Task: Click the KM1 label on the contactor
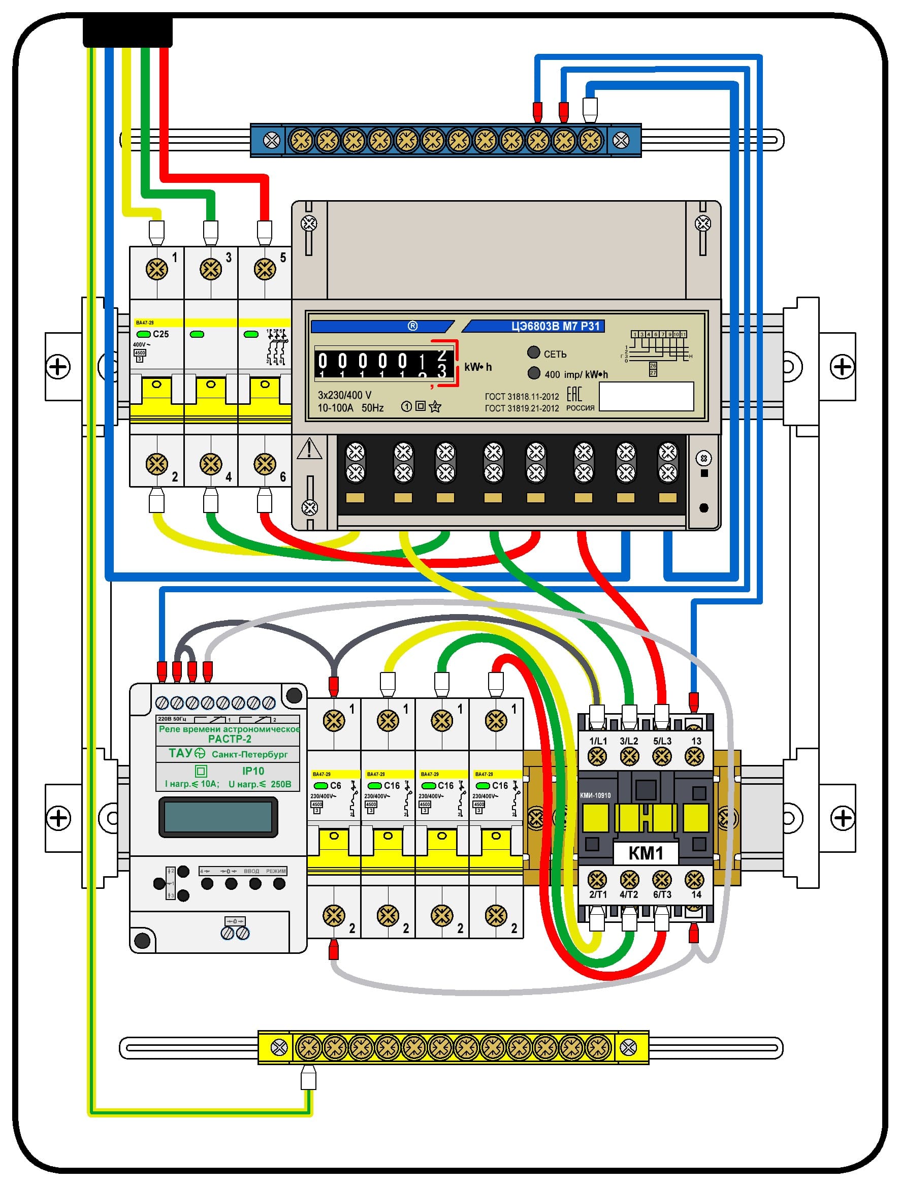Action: [645, 852]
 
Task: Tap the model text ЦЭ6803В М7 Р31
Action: [555, 326]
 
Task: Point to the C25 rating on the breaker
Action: [160, 334]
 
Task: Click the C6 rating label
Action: [335, 785]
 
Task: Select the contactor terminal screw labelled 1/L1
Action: [597, 756]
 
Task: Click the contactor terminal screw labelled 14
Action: [694, 880]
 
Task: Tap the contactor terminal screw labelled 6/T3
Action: [662, 880]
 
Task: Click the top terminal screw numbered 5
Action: [265, 269]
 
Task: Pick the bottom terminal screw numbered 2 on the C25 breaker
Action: [156, 464]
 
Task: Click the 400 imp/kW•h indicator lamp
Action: [534, 373]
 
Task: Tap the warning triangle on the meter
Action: [309, 449]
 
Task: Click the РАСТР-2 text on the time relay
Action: [229, 739]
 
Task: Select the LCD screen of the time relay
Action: [218, 817]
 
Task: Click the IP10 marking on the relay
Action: [253, 771]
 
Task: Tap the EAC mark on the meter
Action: [574, 394]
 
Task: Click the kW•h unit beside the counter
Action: [478, 367]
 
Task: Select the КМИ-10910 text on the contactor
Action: [595, 795]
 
